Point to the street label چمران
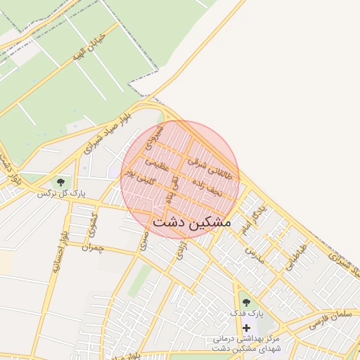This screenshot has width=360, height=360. coord(91,247)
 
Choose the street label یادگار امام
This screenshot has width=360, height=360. coord(252,218)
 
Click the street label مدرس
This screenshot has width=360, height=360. coord(254,254)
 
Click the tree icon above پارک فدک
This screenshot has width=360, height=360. coord(246,302)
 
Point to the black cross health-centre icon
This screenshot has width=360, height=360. coord(246,328)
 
